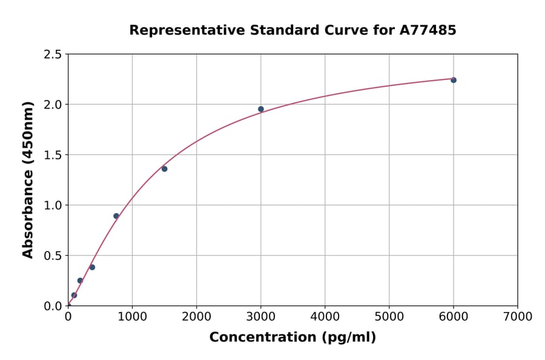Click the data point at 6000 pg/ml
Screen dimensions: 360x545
click(x=453, y=80)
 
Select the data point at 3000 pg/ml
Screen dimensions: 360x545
click(x=261, y=109)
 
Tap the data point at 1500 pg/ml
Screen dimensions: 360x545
click(x=164, y=168)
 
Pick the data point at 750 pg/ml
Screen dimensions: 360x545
click(x=116, y=216)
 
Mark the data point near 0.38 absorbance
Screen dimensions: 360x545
click(x=92, y=267)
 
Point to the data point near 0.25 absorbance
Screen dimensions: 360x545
click(x=80, y=281)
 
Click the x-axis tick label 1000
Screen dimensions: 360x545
click(x=132, y=317)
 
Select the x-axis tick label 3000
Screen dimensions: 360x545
click(x=260, y=317)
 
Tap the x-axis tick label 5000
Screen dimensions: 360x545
click(x=389, y=317)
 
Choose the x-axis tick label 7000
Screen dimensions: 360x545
click(x=517, y=317)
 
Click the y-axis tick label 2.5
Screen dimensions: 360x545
click(x=52, y=55)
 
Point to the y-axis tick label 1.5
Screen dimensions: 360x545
click(x=52, y=155)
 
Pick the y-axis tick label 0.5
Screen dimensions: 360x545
click(x=52, y=256)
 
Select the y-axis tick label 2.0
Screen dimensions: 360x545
click(x=52, y=105)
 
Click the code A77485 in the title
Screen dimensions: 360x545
click(x=428, y=30)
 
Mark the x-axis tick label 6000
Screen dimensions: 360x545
click(x=453, y=317)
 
